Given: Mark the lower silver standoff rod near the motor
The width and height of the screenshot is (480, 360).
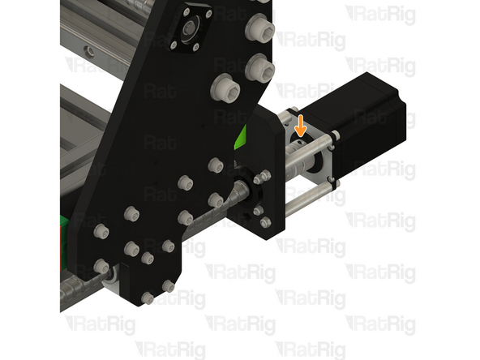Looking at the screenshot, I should point(308,187).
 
